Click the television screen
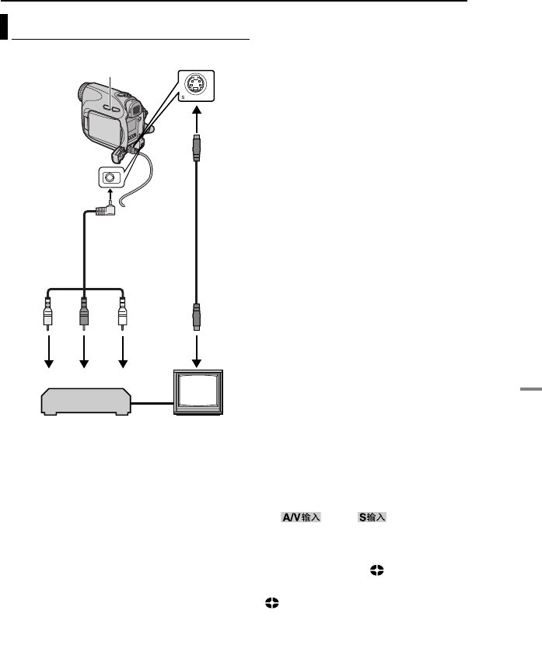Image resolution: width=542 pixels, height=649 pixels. coord(198,398)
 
